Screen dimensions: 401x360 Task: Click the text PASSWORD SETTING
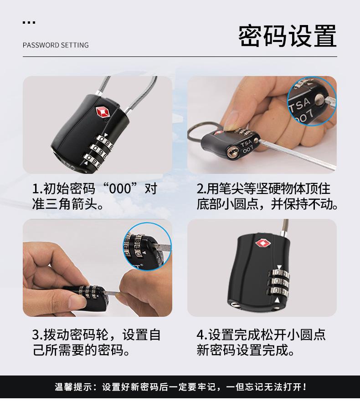pos(56,45)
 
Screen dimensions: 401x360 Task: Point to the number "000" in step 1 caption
pos(117,188)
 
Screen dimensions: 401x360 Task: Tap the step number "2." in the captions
pos(202,188)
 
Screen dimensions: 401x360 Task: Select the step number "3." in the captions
pos(37,335)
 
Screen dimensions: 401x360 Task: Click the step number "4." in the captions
pos(202,335)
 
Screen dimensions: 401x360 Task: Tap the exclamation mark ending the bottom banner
pos(304,388)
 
